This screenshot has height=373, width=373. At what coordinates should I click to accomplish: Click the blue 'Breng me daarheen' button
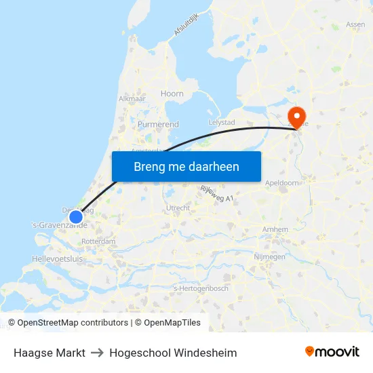click(186, 166)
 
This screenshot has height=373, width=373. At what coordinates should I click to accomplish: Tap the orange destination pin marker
click(296, 115)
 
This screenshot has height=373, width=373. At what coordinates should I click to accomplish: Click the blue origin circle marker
click(76, 217)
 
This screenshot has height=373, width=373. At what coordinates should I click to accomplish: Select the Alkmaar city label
click(132, 98)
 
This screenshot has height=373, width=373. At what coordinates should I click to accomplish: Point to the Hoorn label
click(172, 94)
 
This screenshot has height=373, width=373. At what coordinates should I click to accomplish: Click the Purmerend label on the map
click(158, 125)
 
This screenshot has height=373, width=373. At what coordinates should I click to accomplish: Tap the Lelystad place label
click(222, 122)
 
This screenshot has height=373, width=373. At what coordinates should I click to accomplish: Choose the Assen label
click(355, 24)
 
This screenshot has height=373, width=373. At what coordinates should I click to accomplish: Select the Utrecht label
click(178, 208)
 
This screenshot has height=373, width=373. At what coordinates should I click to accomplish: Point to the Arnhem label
click(275, 230)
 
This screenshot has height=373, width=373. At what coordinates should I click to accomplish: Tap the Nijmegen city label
click(288, 257)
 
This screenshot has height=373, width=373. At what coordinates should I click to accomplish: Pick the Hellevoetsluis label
click(58, 259)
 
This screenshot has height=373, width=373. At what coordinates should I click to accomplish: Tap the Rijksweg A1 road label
click(217, 193)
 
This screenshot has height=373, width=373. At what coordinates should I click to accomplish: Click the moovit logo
click(332, 352)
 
